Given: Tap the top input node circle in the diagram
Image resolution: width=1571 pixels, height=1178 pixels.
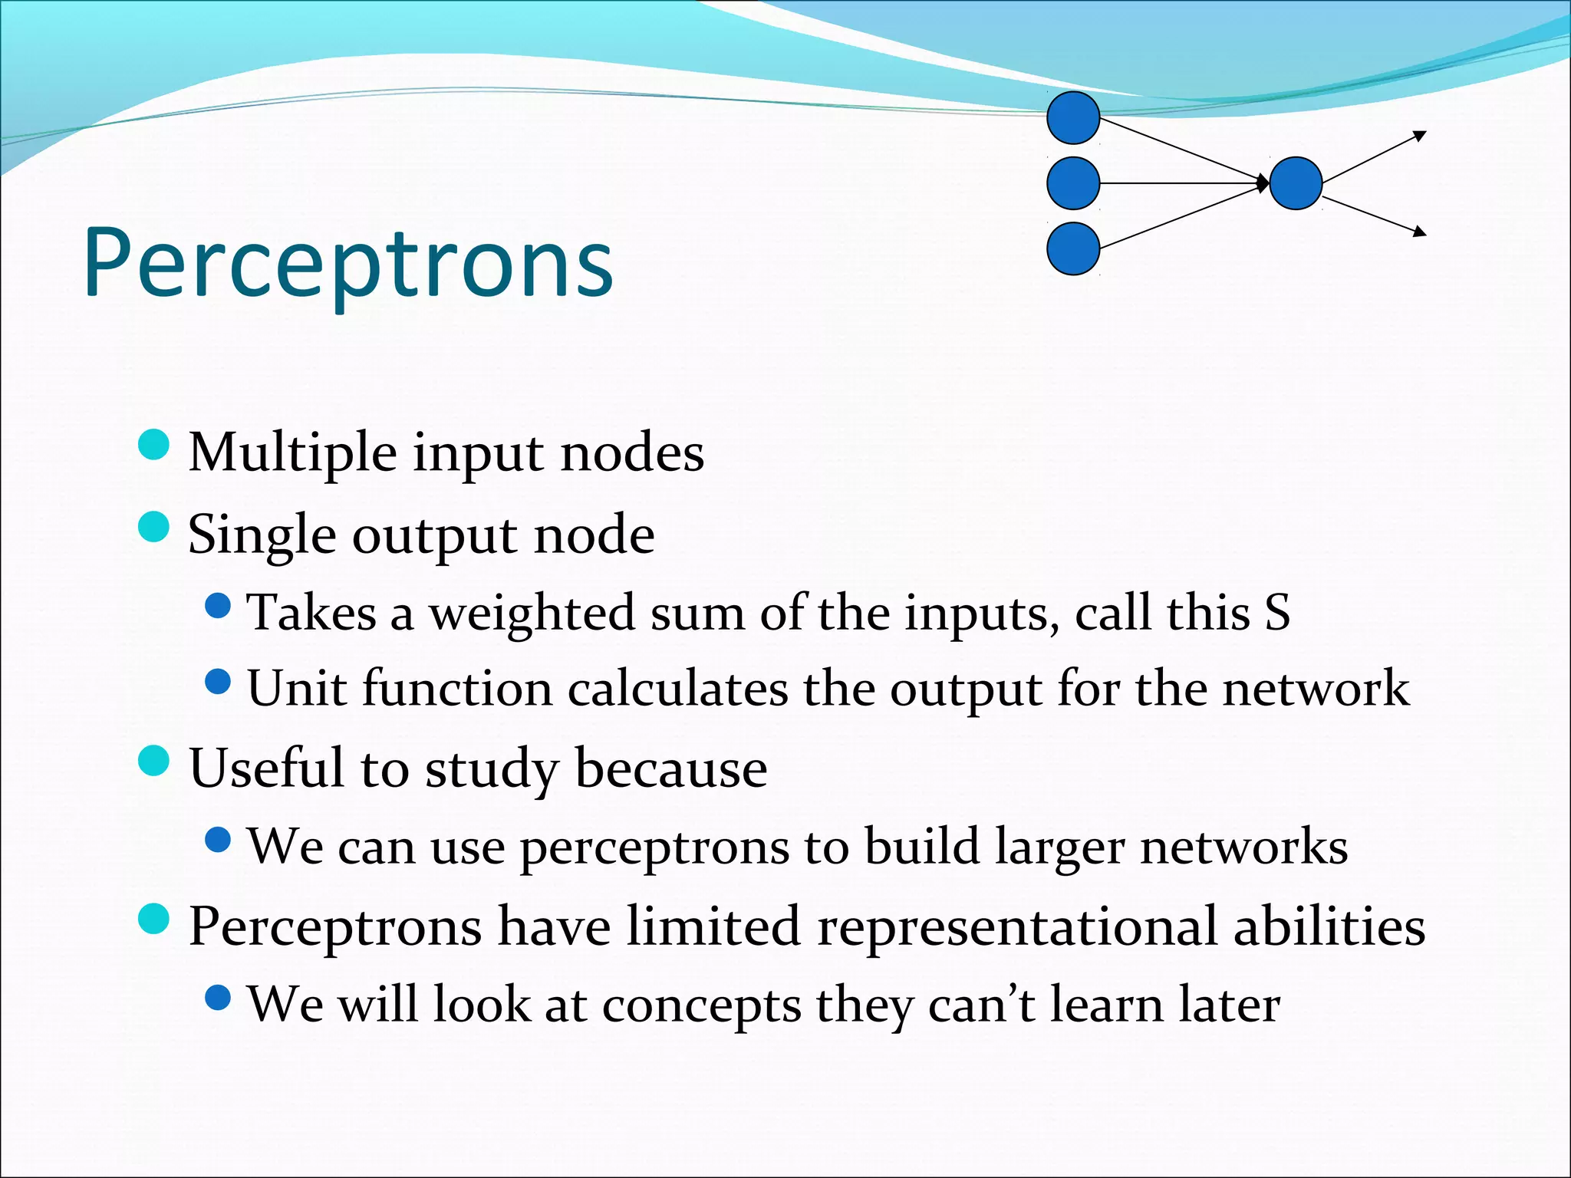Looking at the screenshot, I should (1073, 118).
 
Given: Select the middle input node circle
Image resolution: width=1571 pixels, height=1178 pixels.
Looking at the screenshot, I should (1073, 183).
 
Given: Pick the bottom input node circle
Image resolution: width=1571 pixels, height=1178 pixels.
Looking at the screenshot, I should (1073, 248).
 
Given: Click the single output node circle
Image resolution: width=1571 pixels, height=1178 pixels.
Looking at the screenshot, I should (1296, 183).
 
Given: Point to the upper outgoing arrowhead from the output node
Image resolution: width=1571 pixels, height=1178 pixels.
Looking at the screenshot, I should (1421, 136).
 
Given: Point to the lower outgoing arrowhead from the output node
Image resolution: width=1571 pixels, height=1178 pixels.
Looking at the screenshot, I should (1421, 232).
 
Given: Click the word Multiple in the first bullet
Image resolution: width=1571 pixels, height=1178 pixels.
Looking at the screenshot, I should (292, 452).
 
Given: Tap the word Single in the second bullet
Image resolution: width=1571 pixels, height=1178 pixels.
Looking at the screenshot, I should (262, 535).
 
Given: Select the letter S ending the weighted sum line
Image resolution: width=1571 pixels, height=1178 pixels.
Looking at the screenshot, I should (1277, 613).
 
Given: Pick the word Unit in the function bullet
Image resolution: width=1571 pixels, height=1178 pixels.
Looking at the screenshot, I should (296, 688).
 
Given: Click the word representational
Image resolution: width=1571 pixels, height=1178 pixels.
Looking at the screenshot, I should (1016, 926).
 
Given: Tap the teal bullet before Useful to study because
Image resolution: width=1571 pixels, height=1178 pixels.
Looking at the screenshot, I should (154, 761).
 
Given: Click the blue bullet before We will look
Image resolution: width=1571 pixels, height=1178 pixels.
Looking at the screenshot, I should (219, 997).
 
